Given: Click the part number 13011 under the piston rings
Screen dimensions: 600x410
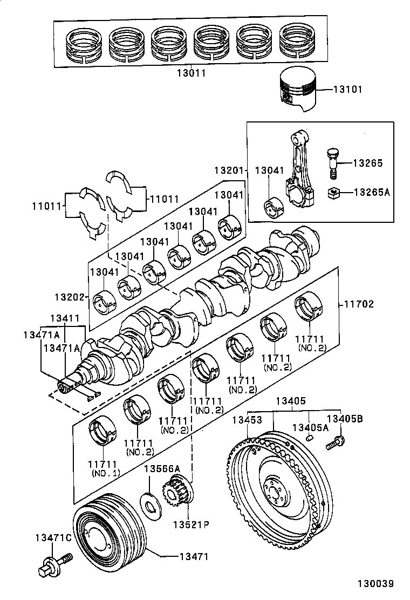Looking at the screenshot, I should click(192, 72).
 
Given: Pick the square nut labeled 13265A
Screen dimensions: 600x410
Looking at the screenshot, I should click(334, 192).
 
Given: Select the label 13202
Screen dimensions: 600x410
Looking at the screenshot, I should click(68, 297).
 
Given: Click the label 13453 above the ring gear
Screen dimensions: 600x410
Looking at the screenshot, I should click(247, 420).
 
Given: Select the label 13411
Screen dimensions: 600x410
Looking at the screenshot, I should click(65, 319).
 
